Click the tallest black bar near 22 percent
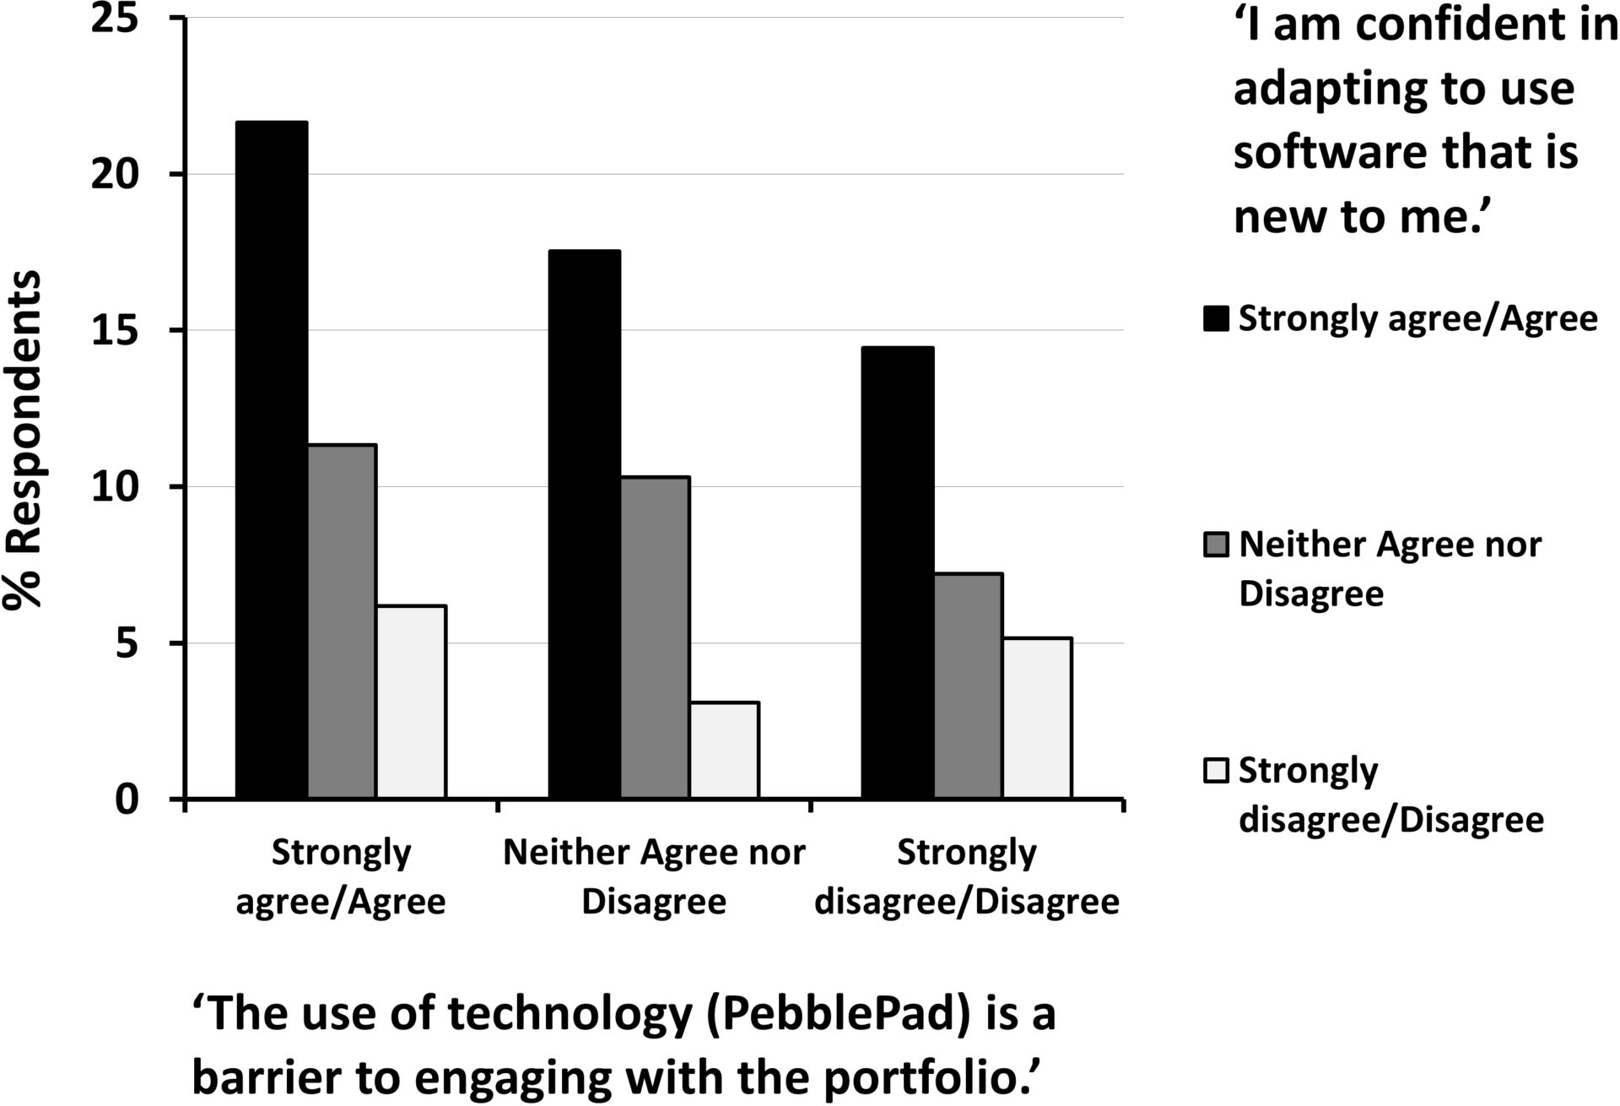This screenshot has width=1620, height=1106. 272,460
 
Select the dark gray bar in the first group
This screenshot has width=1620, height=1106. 342,621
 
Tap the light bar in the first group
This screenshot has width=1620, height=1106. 411,702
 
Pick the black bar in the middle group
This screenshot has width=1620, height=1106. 585,524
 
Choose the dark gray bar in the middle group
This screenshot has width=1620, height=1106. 655,637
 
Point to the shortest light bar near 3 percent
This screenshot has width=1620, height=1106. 724,750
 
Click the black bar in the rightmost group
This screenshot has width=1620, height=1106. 897,572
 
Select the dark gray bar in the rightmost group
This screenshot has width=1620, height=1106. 968,686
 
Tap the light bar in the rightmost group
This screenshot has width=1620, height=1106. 1037,718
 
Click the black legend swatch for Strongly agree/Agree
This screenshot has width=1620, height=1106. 1216,319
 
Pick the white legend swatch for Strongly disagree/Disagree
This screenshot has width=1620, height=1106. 1216,771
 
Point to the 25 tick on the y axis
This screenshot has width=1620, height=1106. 115,19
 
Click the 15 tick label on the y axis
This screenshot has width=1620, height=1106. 115,331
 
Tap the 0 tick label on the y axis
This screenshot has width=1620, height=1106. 127,800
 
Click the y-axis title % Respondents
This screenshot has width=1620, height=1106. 23,439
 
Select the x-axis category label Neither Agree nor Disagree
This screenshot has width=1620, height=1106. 654,876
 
